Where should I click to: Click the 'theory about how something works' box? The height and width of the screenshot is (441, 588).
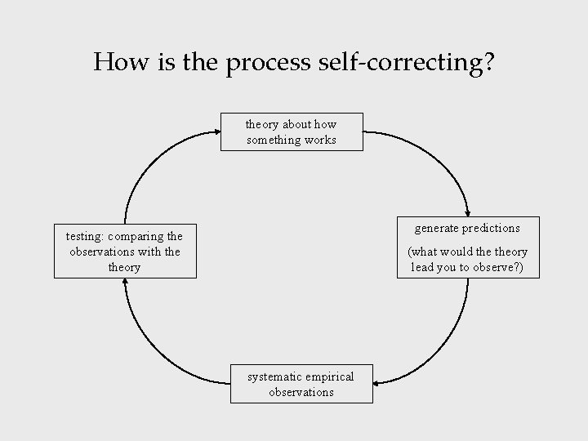pos(292,131)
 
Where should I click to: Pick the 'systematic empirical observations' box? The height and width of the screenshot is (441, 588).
pos(301,384)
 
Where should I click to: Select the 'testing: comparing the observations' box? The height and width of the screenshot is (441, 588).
pos(125,252)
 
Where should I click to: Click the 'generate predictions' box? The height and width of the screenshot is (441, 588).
pos(468,247)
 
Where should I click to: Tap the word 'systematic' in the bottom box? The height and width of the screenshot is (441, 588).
pos(275,376)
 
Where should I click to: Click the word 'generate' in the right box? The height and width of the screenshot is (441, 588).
pos(437,228)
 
